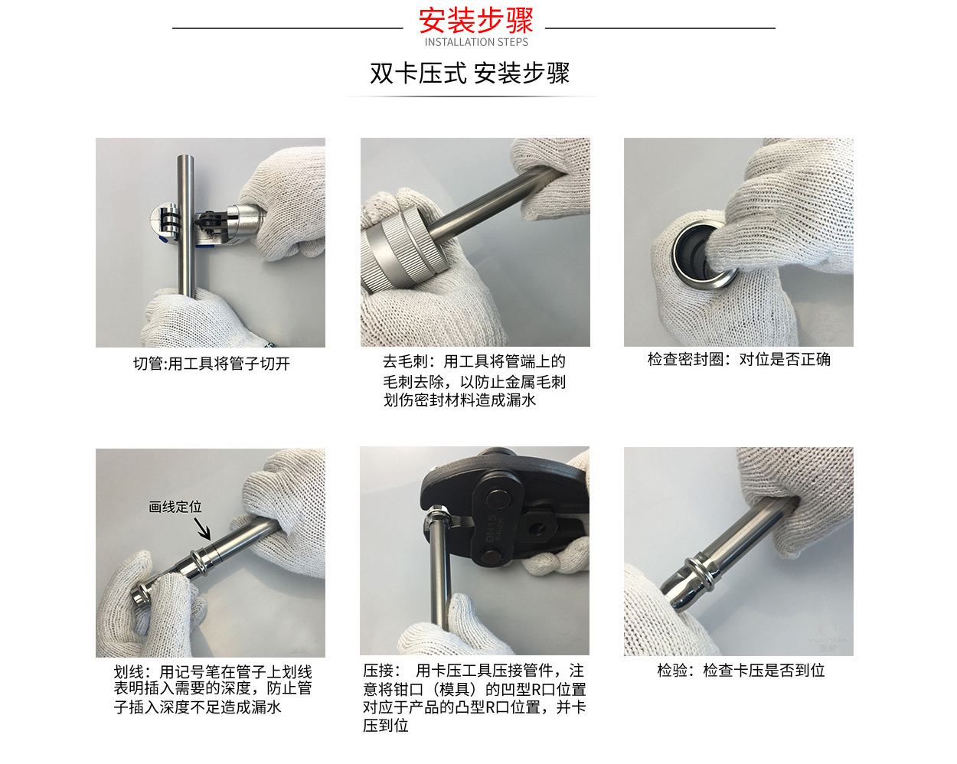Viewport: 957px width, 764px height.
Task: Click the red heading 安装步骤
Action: [x=475, y=20]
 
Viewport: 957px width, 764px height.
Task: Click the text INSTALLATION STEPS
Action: [x=476, y=43]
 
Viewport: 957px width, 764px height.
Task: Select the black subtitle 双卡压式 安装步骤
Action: [x=469, y=73]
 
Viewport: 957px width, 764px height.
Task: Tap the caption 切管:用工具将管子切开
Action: [x=211, y=364]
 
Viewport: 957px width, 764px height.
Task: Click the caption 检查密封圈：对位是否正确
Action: [x=738, y=359]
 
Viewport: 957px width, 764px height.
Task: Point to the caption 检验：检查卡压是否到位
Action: [x=740, y=671]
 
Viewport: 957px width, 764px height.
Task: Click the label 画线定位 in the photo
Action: [x=175, y=507]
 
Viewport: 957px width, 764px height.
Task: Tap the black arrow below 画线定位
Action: [x=202, y=529]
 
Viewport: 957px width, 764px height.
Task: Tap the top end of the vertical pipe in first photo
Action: [x=185, y=160]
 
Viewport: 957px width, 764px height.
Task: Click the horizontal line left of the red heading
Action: [x=287, y=28]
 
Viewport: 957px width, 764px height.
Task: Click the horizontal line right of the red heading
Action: [x=660, y=28]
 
